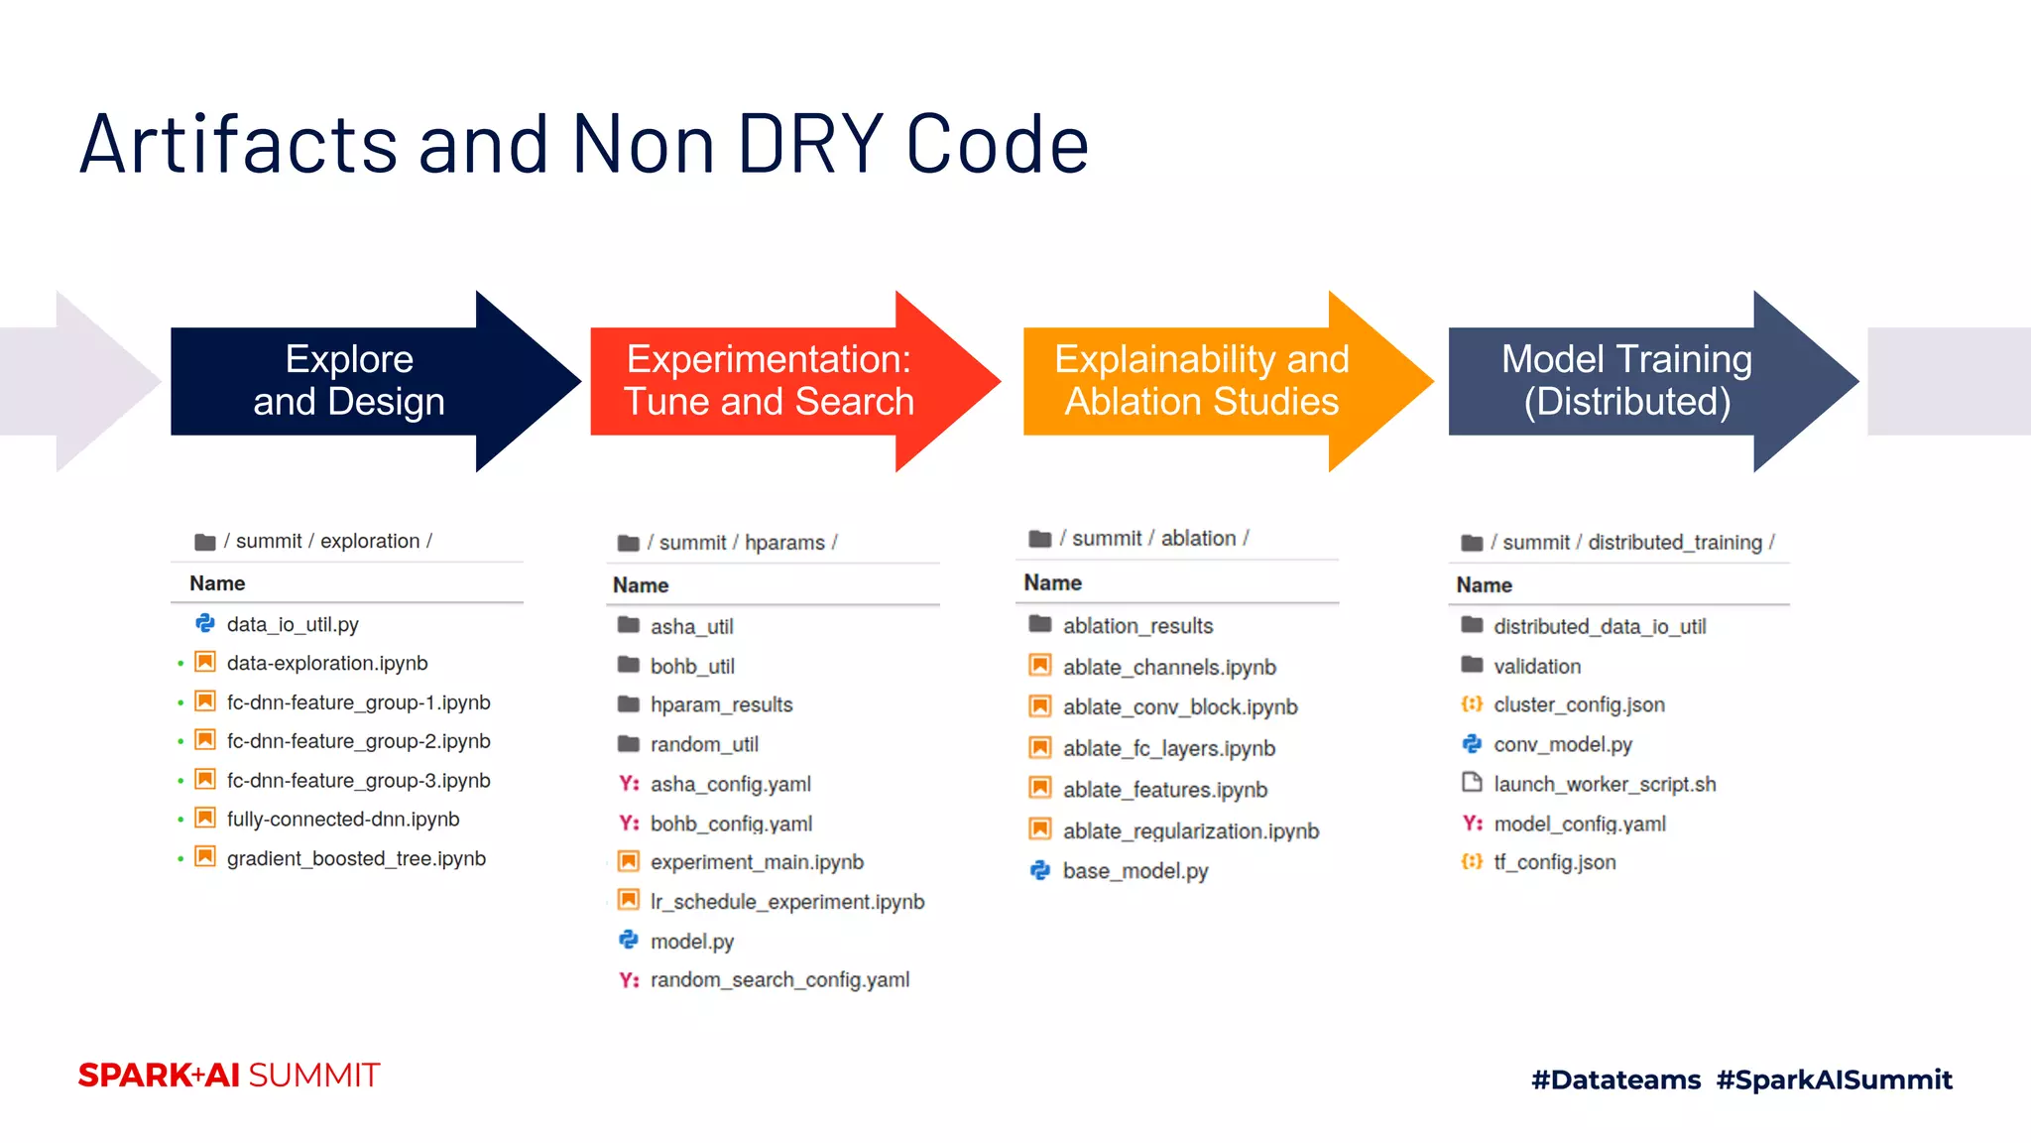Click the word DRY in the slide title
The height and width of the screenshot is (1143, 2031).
(x=810, y=145)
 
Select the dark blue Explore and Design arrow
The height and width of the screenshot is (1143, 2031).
(x=349, y=381)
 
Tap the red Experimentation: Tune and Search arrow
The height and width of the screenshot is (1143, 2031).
(x=769, y=381)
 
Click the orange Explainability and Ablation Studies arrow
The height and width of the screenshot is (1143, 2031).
(x=1201, y=381)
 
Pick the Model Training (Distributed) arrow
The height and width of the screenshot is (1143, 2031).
(x=1626, y=381)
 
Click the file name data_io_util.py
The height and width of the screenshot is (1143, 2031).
(x=293, y=624)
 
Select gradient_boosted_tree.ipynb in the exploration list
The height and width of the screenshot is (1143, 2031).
(x=356, y=858)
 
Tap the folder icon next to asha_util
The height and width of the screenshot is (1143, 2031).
(x=629, y=625)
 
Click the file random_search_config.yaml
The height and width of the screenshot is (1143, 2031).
(x=779, y=980)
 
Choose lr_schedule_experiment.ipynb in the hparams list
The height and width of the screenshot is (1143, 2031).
(x=787, y=902)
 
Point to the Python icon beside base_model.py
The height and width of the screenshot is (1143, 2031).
(x=1039, y=870)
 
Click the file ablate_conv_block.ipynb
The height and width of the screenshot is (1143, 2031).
(x=1180, y=707)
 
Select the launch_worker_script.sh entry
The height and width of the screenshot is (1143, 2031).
(x=1605, y=784)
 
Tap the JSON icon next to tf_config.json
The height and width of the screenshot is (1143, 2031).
(x=1472, y=862)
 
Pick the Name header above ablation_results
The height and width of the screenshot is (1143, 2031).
(x=1052, y=582)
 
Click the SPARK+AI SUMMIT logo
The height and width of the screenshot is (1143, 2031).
(x=229, y=1076)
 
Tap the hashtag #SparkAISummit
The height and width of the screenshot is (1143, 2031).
(x=1834, y=1079)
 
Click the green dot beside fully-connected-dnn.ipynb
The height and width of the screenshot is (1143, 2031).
(x=180, y=820)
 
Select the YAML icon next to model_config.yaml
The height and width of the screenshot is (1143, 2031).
(x=1473, y=824)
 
